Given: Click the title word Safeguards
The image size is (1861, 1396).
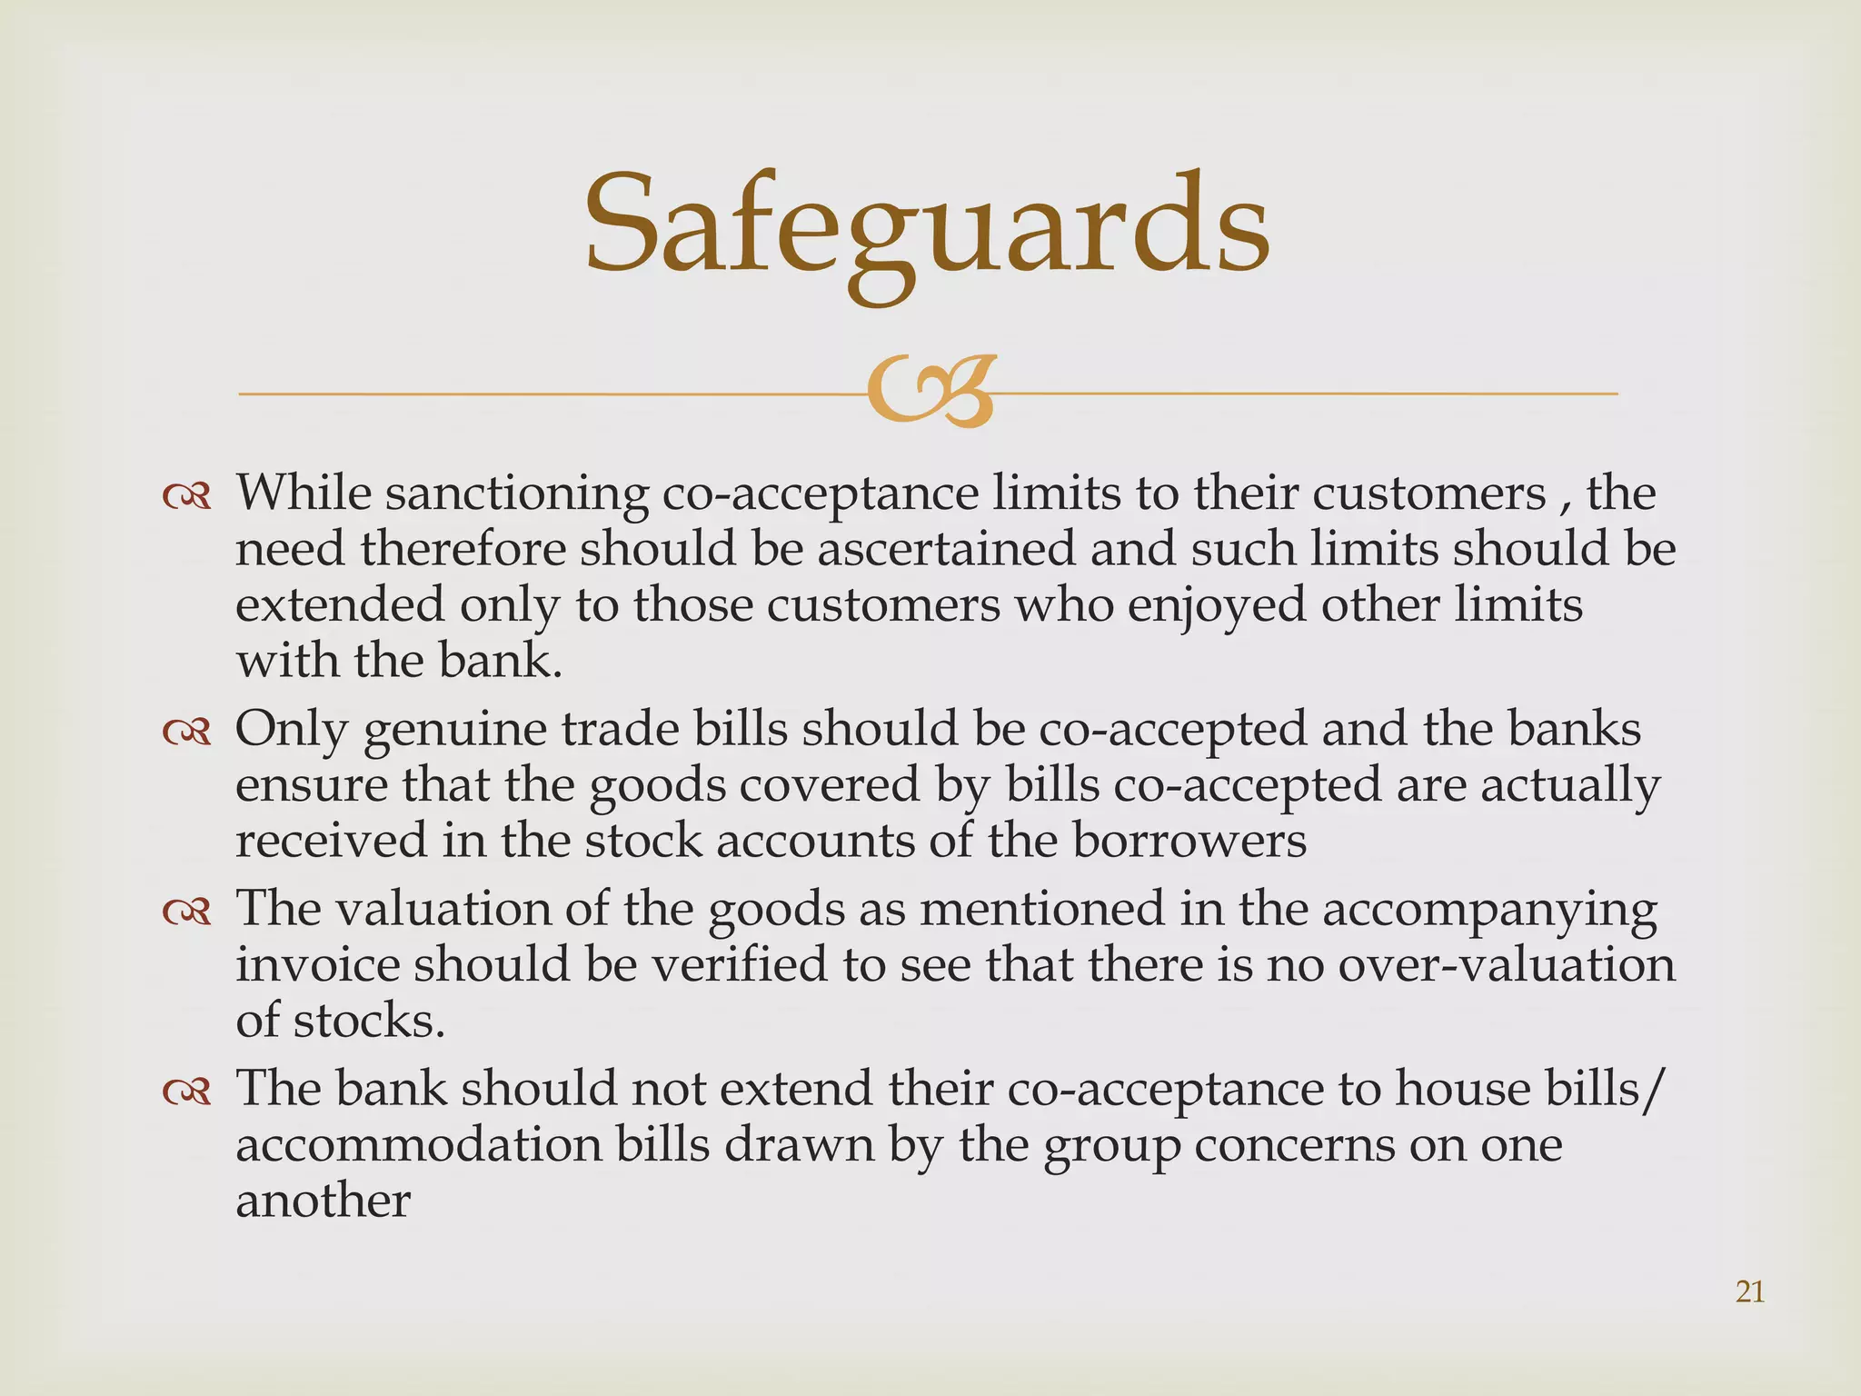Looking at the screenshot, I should tap(926, 227).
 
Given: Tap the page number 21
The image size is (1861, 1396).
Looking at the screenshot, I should tap(1750, 1291).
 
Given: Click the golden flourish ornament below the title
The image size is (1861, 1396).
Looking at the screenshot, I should tap(928, 393).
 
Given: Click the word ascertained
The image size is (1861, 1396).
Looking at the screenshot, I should tap(946, 550).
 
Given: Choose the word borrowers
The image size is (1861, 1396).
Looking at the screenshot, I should tap(1189, 841).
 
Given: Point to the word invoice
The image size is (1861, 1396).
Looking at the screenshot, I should tap(317, 964).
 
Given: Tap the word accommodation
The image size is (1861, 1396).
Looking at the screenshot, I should tap(419, 1145).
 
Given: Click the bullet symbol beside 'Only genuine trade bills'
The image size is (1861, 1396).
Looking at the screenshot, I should tap(186, 732).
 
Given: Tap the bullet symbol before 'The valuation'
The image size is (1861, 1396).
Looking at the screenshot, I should tap(186, 911).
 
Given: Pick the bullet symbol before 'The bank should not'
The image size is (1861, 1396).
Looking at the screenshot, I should tap(186, 1091).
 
